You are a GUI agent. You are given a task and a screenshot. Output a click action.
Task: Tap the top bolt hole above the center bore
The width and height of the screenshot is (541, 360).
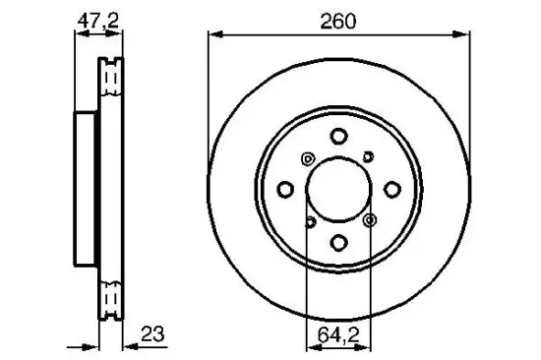337,137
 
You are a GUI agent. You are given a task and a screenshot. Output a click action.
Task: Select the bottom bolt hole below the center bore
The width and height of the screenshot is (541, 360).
337,242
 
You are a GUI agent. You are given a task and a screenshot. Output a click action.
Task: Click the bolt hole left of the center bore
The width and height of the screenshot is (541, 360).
284,188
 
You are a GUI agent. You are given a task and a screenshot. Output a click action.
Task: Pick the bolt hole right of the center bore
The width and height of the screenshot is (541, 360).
391,188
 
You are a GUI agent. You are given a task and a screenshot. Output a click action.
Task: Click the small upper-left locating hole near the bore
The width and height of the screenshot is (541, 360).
307,160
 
